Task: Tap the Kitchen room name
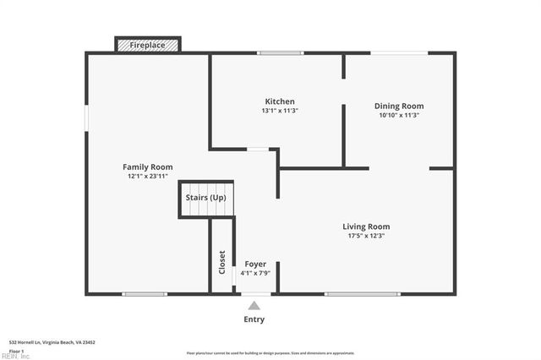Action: [x=280, y=101]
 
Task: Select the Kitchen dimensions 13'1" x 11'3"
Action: [x=280, y=111]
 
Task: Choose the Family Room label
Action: [x=148, y=167]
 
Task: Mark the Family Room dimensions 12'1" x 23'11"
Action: [x=148, y=177]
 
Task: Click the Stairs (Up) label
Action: [x=206, y=197]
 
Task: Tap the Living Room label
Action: [x=366, y=226]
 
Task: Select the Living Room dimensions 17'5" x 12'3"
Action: [x=366, y=236]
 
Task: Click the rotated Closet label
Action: [x=222, y=263]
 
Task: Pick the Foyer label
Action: [x=255, y=264]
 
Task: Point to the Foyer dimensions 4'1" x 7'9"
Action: [x=255, y=273]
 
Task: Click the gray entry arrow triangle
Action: [x=254, y=305]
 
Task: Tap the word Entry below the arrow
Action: [x=254, y=319]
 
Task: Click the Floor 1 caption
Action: [x=16, y=350]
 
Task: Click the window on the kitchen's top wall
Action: [x=281, y=53]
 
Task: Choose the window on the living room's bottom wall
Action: [x=362, y=294]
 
